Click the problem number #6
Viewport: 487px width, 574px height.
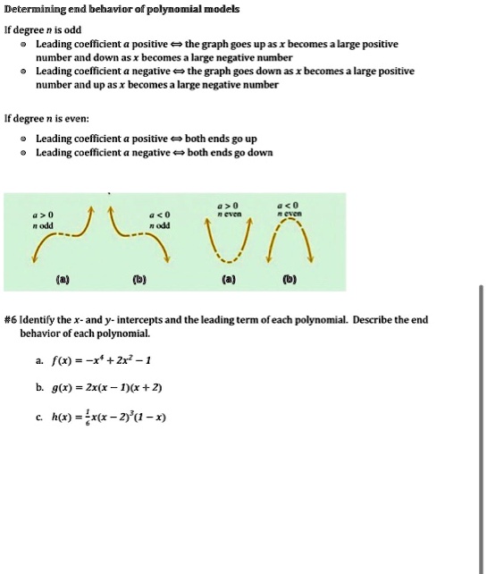point(11,319)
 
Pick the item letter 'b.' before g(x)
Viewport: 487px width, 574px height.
point(39,387)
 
